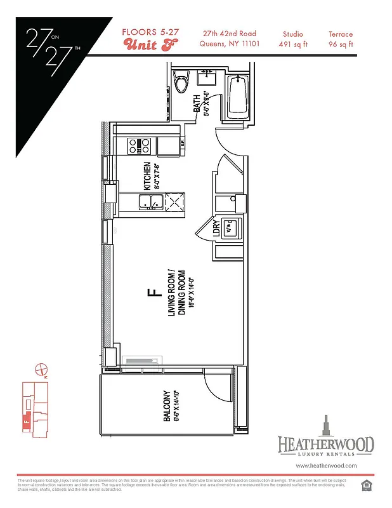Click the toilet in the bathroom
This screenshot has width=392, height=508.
[183, 83]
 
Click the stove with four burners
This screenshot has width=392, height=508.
[139, 147]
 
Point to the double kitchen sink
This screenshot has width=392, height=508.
[150, 203]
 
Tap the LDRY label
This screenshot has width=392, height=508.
[216, 229]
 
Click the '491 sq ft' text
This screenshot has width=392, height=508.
[292, 44]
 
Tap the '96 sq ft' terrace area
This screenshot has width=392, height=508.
[341, 44]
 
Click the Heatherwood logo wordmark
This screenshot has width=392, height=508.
[325, 444]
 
